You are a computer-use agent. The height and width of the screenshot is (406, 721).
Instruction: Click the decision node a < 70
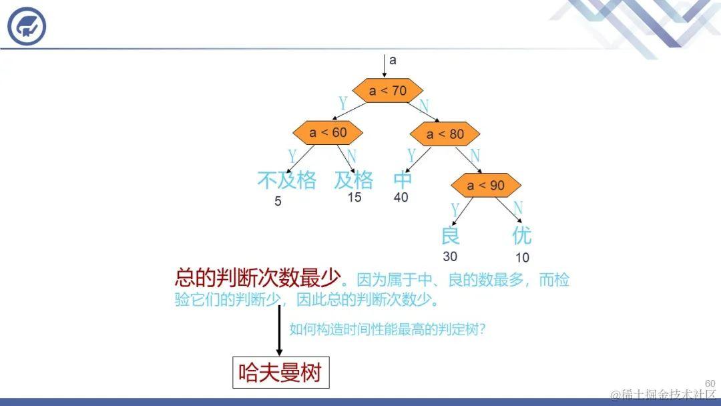point(387,90)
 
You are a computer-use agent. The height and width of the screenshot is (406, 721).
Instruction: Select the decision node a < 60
point(328,132)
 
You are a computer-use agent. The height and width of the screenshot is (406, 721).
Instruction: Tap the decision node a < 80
point(445,134)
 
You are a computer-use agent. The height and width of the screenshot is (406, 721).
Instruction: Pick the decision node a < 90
point(485,185)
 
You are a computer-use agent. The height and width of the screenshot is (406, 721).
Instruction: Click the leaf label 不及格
point(286,180)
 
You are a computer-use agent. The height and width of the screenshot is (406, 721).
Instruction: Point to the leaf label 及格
point(354,180)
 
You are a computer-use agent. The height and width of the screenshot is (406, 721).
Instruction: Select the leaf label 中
point(403,180)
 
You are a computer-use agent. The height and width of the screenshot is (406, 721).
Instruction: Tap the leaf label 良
point(451,235)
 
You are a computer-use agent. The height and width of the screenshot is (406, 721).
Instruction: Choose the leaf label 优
point(521,235)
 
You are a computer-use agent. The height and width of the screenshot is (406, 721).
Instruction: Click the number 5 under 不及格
point(278,201)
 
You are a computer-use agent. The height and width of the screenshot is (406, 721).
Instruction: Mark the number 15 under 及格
point(354,198)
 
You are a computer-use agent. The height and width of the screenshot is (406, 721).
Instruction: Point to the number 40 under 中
point(401,198)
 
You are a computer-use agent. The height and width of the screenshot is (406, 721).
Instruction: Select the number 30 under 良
point(450,256)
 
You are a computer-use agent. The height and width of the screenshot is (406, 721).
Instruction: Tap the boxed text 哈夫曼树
point(280,373)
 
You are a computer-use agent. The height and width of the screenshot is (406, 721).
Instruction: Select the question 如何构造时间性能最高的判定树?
point(387,329)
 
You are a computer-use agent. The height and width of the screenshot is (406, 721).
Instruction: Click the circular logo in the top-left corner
point(27,27)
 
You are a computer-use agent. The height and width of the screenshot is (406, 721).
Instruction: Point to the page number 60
point(710,383)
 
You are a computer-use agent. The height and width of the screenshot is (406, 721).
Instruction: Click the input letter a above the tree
point(393,60)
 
